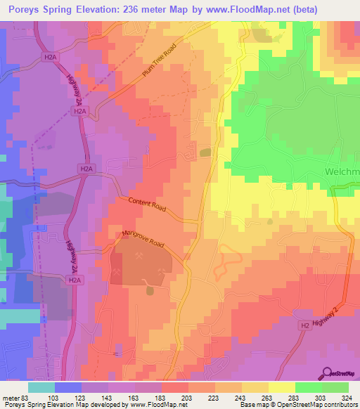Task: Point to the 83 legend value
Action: pos(27,398)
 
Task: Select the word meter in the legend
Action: pos(11,398)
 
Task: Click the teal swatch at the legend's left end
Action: pos(41,387)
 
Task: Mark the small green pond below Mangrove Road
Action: pos(149,289)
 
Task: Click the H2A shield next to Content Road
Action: pos(85,169)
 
